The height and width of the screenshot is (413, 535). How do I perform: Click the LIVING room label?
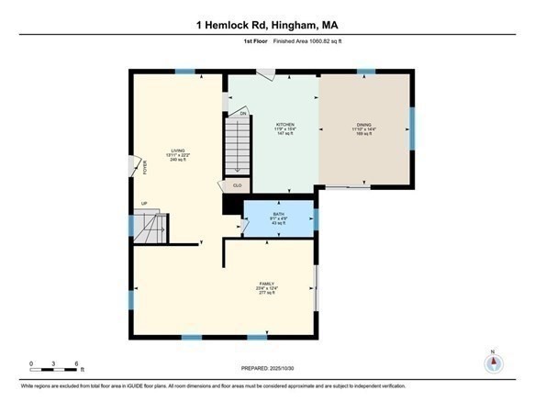[175, 151]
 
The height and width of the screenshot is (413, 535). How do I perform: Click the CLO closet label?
[236, 185]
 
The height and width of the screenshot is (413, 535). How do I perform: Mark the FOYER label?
[143, 168]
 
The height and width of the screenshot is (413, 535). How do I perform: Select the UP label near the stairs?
[144, 204]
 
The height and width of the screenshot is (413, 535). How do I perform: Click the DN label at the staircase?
[243, 114]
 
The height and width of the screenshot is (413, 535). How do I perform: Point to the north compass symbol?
[494, 363]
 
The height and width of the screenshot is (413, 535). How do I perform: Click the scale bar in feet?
[54, 369]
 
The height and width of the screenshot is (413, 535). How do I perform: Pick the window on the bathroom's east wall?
[315, 220]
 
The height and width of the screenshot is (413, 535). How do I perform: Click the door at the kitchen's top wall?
[264, 75]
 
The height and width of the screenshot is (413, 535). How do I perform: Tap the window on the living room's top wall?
[185, 72]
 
